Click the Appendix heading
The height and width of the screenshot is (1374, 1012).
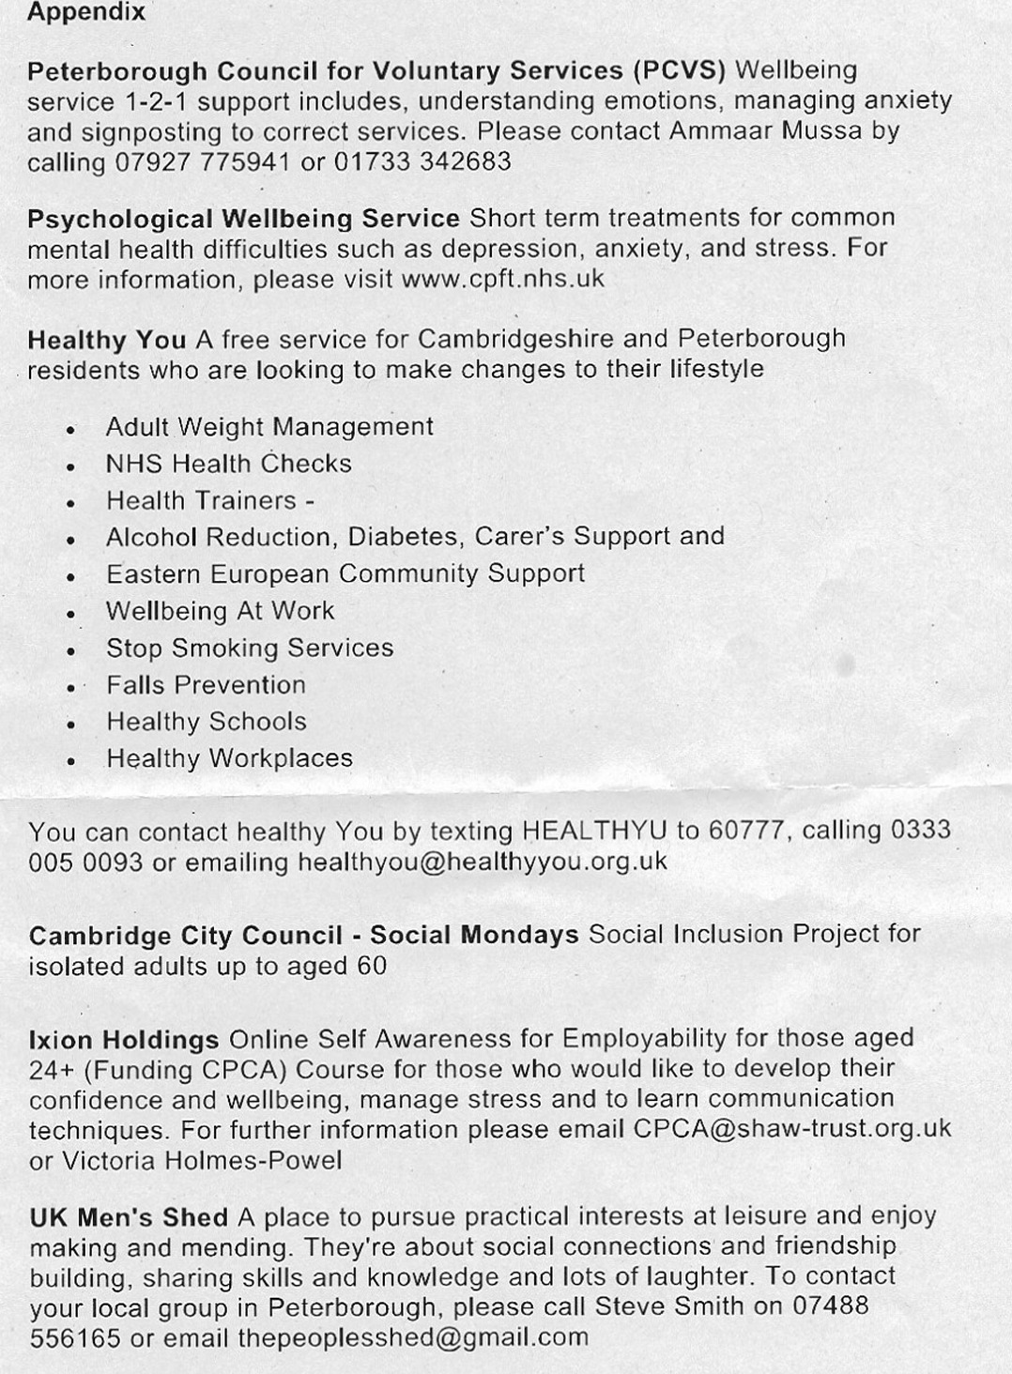(86, 13)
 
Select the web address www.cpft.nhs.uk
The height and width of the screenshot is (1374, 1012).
(502, 280)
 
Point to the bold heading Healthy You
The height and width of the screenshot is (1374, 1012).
(107, 339)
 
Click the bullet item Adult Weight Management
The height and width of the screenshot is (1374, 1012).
(269, 427)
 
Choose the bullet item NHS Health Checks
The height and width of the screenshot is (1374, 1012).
(228, 464)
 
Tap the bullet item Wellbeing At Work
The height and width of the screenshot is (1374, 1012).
(220, 611)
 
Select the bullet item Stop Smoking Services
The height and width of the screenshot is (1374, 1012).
(250, 649)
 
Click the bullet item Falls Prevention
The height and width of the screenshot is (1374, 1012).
(206, 685)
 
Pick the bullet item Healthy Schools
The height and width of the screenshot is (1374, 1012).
(207, 722)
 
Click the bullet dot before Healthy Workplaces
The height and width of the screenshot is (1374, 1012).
(70, 761)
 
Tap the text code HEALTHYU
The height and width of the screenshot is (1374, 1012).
(594, 832)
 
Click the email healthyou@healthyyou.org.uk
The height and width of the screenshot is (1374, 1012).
(483, 862)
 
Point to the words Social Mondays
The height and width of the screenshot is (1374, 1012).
(474, 936)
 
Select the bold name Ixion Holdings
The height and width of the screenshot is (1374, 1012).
(124, 1040)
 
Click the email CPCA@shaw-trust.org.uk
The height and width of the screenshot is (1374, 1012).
(792, 1128)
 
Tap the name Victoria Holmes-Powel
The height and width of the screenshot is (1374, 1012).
(202, 1160)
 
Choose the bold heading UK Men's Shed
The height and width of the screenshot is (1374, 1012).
(129, 1218)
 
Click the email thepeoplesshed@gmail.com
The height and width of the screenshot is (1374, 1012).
(413, 1337)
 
